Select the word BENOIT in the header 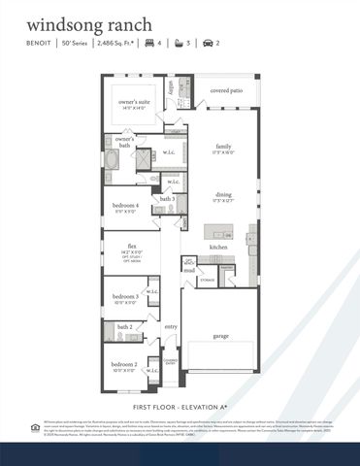coord(39,44)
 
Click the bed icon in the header coord(149,44)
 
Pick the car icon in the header coord(208,44)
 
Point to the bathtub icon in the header coord(179,44)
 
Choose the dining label coord(224,195)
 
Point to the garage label coord(222,336)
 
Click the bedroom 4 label coord(124,206)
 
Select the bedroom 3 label coord(123,296)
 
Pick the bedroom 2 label coord(123,364)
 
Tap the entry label coord(171,327)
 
